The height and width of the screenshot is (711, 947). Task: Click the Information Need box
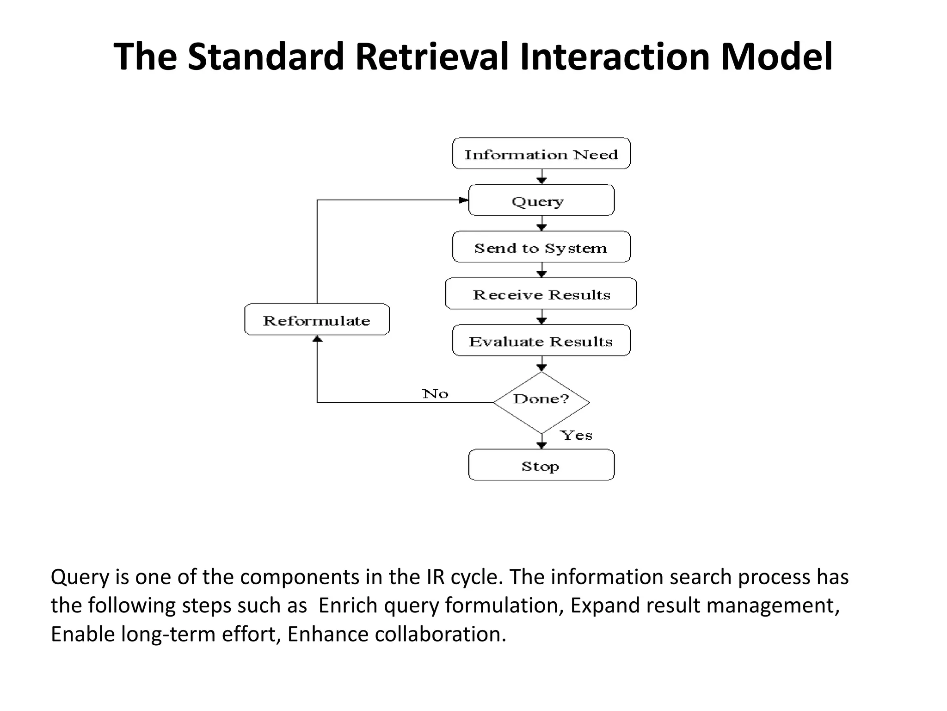point(541,154)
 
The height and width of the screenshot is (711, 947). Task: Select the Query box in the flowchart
point(541,200)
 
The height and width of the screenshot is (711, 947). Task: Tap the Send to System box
point(541,247)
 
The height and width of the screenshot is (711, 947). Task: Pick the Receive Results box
point(541,294)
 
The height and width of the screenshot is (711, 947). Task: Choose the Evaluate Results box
point(541,341)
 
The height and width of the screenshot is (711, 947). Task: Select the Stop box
point(541,465)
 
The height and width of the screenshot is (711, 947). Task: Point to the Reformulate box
point(317,320)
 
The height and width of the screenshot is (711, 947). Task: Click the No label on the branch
point(435,394)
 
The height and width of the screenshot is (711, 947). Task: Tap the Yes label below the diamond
point(576,435)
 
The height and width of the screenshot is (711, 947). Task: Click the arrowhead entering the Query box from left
point(464,200)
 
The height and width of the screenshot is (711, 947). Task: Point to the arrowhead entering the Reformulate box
point(317,339)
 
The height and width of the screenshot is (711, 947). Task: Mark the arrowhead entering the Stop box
point(541,445)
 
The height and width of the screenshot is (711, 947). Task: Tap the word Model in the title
point(776,56)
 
